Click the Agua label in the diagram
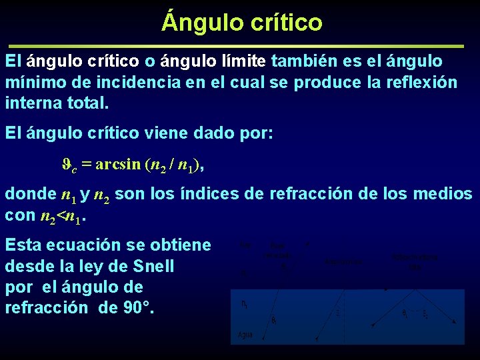click(x=245, y=335)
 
